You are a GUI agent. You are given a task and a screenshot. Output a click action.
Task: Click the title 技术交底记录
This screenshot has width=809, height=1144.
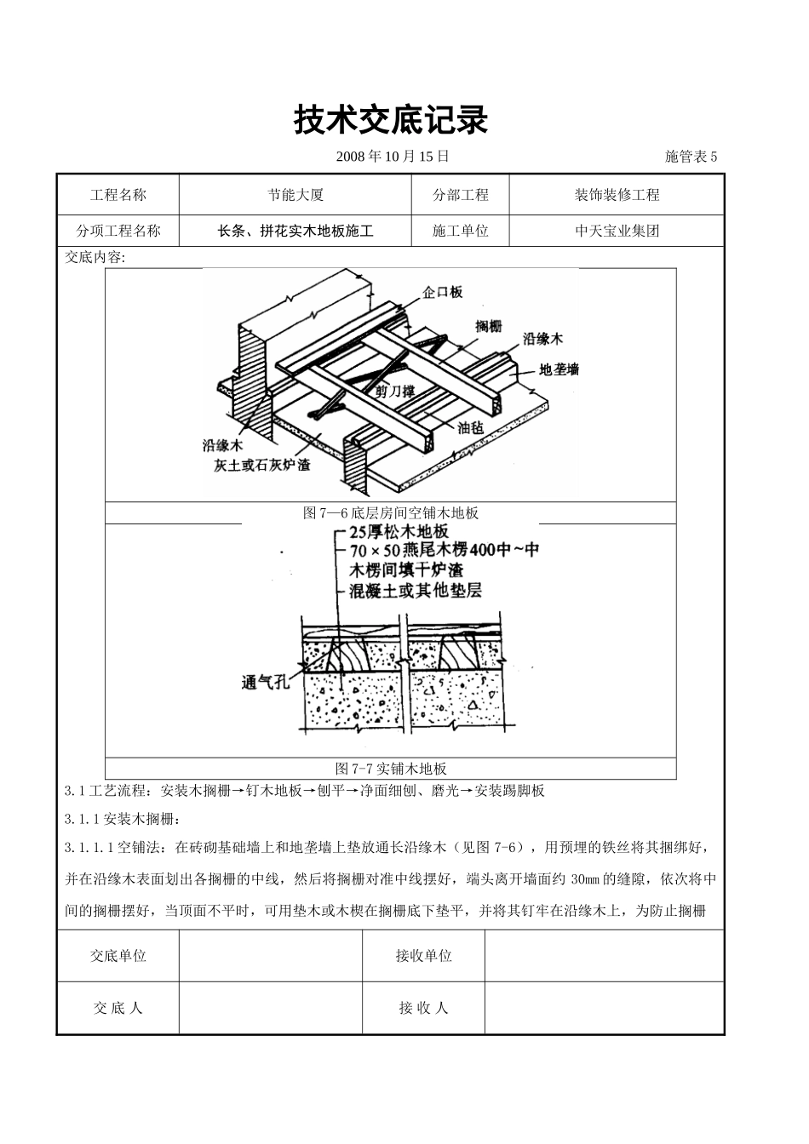pos(391,121)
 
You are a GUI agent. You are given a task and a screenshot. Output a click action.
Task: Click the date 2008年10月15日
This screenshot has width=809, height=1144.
pos(393,156)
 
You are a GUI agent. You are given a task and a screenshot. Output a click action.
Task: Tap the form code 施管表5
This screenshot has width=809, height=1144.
pos(691,156)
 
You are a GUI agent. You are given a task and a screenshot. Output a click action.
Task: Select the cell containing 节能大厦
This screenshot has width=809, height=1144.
pos(295,195)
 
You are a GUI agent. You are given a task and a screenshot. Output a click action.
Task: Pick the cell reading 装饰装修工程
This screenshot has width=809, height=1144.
pos(617,195)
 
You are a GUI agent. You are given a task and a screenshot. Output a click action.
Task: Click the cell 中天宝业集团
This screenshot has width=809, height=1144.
pos(617,231)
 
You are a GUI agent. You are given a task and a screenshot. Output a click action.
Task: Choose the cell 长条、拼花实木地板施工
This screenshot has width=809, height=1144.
pos(295,231)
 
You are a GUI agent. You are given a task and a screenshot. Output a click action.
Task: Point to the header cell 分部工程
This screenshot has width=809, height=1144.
pos(461,195)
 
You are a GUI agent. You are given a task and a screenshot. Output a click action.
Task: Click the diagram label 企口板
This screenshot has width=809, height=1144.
pos(443,292)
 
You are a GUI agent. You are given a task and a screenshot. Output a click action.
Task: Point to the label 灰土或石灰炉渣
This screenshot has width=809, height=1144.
pos(261,465)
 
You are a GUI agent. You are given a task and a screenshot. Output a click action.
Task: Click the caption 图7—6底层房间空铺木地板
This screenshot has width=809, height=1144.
pos(391,512)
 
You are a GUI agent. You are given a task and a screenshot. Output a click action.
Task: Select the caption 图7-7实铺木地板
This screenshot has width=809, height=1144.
pos(391,768)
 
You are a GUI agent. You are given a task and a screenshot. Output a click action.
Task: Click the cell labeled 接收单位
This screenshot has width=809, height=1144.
pos(423,956)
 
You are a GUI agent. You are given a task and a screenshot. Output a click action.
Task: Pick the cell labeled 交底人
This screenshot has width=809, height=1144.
pos(118,1008)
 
